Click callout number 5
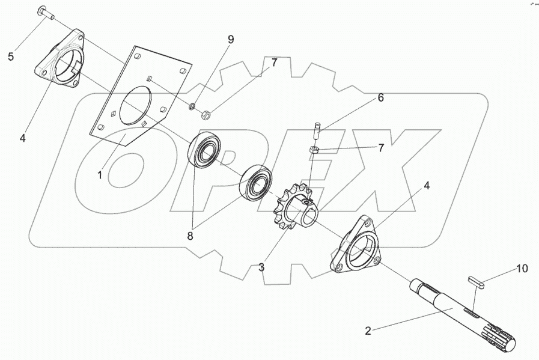(10, 57)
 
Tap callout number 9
(231, 40)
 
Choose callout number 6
(380, 97)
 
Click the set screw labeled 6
(317, 130)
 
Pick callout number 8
(190, 236)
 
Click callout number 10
(522, 269)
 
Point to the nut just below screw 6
(314, 149)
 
